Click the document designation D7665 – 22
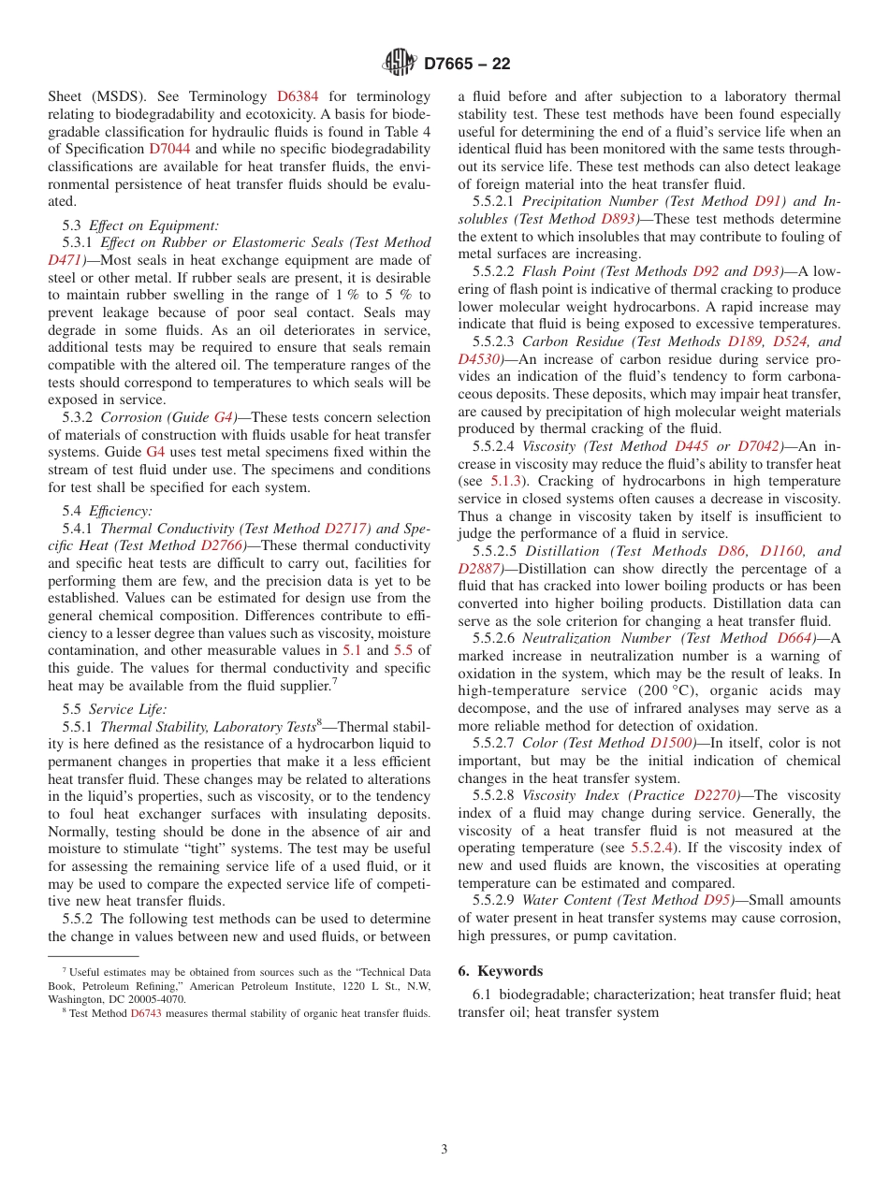[467, 65]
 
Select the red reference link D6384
[299, 96]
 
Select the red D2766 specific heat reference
[223, 545]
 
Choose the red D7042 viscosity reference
[759, 446]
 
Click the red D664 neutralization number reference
[797, 638]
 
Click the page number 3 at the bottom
[444, 1149]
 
